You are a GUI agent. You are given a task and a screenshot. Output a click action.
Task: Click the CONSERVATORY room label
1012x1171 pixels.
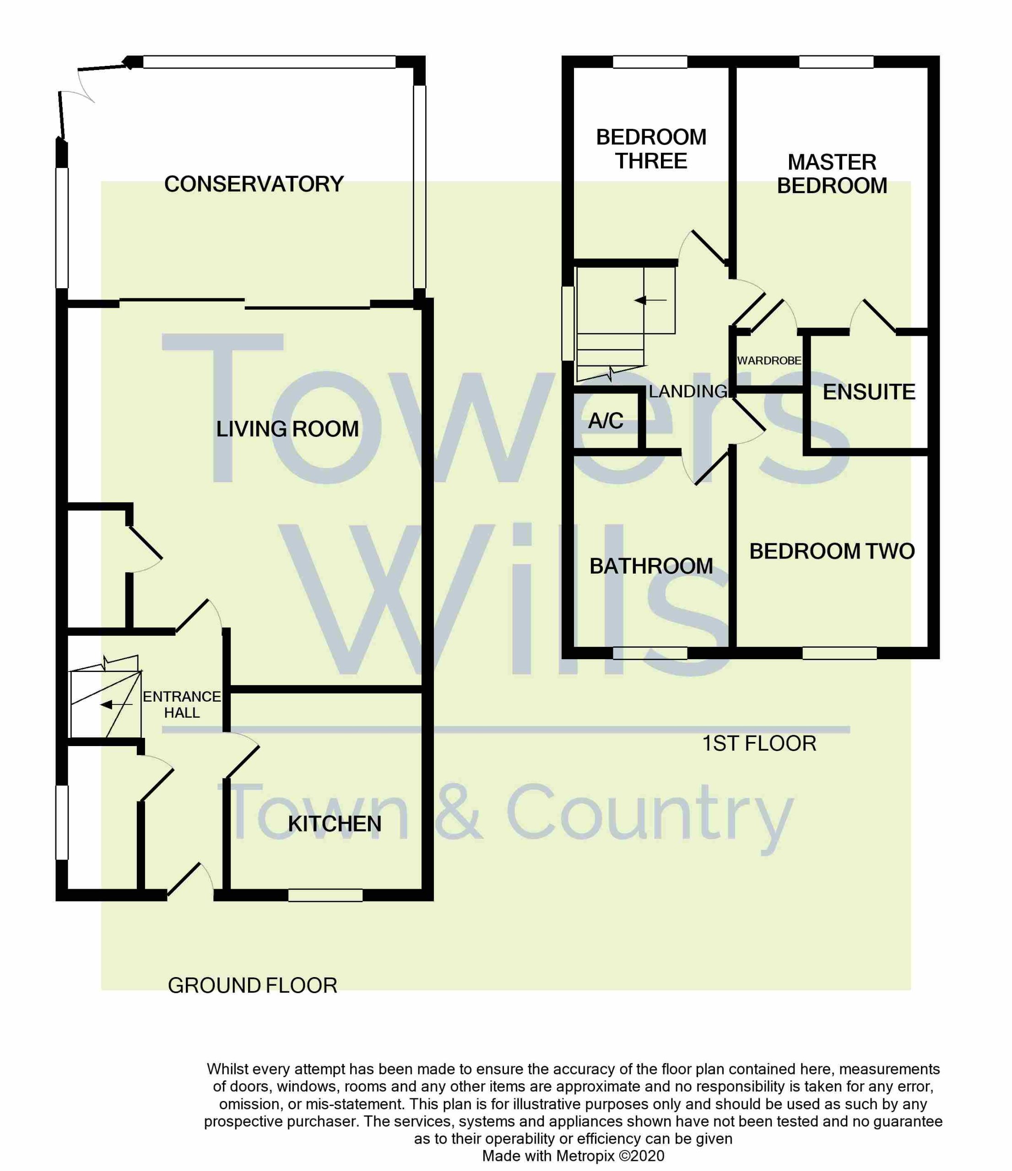(x=254, y=184)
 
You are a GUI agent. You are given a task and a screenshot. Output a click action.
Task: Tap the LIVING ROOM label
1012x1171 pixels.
(x=287, y=429)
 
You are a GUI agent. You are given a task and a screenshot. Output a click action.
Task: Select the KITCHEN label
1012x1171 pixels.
(x=335, y=824)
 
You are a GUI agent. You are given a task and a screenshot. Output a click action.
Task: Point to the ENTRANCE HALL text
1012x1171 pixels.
(x=181, y=705)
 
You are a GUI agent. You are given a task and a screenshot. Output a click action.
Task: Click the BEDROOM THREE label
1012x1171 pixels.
(x=651, y=149)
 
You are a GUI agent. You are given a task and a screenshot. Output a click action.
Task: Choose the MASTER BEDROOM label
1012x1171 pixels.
(x=832, y=174)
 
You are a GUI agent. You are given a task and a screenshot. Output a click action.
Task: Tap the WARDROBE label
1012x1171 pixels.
(x=769, y=360)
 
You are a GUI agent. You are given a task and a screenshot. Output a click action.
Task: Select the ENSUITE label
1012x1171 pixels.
(x=869, y=392)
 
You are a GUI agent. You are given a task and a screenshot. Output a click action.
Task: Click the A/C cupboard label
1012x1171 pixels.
(x=606, y=420)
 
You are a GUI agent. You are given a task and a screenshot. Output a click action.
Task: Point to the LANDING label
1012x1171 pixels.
(x=688, y=391)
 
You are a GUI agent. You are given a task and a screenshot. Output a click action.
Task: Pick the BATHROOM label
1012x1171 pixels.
(x=651, y=566)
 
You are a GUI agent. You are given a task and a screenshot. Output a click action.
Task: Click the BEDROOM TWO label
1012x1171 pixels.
(x=832, y=552)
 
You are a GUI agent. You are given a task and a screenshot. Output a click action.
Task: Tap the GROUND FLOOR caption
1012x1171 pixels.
(x=252, y=986)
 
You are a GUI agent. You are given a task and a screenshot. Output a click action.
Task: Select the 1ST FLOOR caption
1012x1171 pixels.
(x=759, y=744)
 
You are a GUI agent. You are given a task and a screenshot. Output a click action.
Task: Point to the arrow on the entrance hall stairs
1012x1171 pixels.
(x=116, y=705)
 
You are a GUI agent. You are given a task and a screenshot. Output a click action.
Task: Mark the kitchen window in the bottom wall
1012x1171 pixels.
(x=325, y=895)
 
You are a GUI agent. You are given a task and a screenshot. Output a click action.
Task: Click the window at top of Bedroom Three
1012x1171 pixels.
(x=650, y=62)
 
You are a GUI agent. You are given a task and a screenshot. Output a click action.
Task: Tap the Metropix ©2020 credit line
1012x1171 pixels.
(x=573, y=1156)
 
